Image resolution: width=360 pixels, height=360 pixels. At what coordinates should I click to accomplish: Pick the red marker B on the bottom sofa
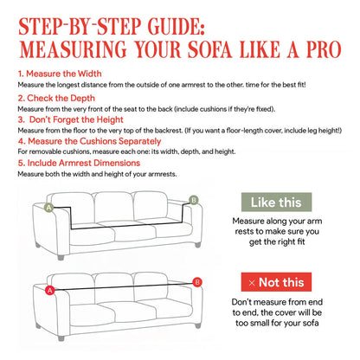(x=198, y=281)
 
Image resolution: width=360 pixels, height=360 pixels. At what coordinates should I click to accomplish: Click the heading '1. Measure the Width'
(x=55, y=74)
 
